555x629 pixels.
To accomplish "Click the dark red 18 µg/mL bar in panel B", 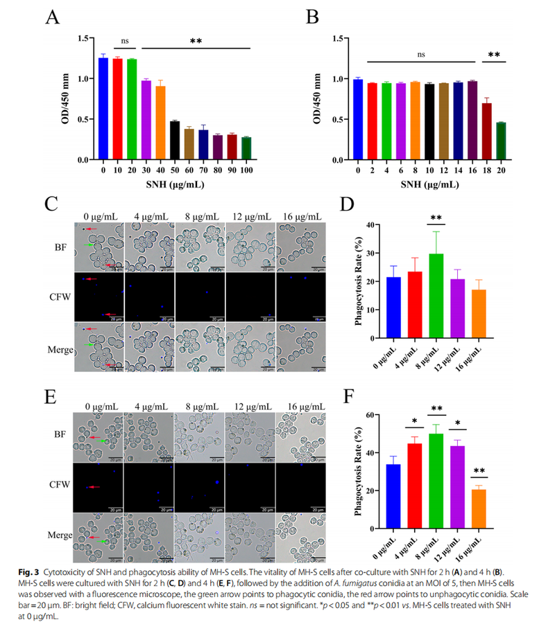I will click(488, 132).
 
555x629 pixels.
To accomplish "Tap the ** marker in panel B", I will click(494, 54).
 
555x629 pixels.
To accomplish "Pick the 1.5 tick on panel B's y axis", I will click(339, 38).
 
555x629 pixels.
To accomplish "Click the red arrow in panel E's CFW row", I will click(94, 487).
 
